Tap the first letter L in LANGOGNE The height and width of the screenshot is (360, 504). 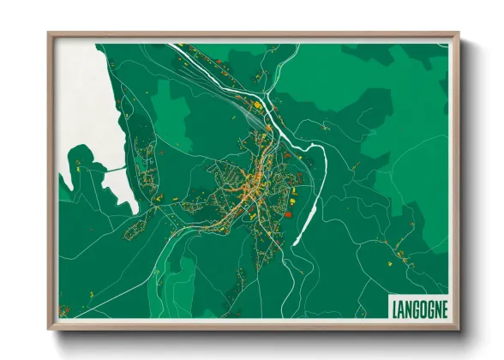[x=394, y=307]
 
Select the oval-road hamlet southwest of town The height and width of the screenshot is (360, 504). [x=137, y=231]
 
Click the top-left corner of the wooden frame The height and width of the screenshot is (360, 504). [x=49, y=34]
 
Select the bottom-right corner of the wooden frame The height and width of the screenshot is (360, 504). [x=459, y=328]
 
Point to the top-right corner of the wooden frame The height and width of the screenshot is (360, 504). [x=459, y=34]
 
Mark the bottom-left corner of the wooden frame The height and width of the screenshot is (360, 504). [x=49, y=328]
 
